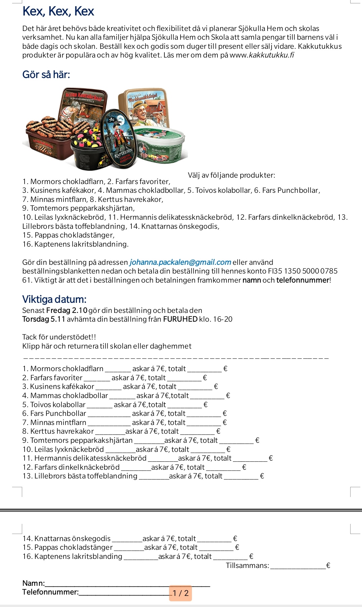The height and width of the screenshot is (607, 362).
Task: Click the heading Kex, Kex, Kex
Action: [x=58, y=11]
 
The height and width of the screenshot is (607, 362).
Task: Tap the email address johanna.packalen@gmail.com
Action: [x=180, y=262]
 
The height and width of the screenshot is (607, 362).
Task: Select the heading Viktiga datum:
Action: [x=54, y=299]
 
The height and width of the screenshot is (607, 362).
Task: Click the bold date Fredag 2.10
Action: [x=67, y=310]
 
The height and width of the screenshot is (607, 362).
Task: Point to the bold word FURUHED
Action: [x=180, y=319]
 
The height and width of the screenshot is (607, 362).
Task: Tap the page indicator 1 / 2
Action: [x=180, y=593]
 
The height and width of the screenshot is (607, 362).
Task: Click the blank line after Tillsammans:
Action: [x=298, y=566]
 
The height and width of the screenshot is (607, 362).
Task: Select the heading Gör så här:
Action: [x=46, y=74]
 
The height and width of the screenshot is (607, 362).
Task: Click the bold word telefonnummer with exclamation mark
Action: [x=303, y=280]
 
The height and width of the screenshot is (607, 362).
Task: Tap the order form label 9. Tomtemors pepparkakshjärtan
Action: [x=78, y=440]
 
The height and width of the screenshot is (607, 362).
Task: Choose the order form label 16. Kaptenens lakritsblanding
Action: [x=72, y=556]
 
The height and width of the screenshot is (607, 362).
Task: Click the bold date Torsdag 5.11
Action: [x=44, y=319]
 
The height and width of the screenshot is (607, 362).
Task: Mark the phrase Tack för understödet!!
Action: [x=59, y=337]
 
